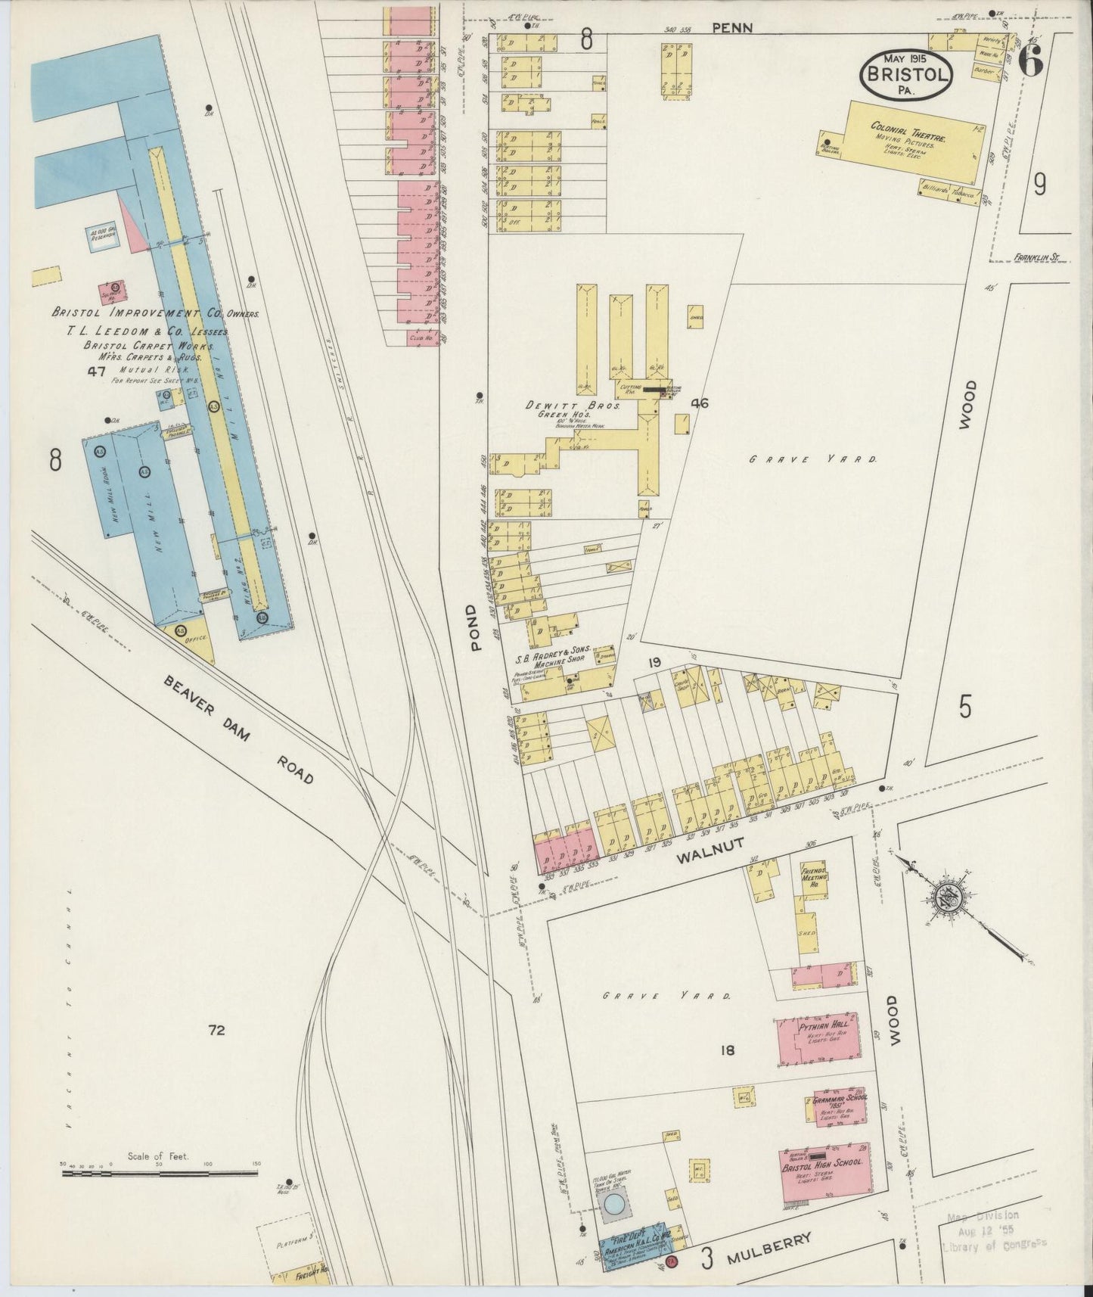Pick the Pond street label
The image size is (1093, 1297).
click(474, 627)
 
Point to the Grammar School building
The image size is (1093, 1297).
click(839, 1109)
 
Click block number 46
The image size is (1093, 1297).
click(700, 403)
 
